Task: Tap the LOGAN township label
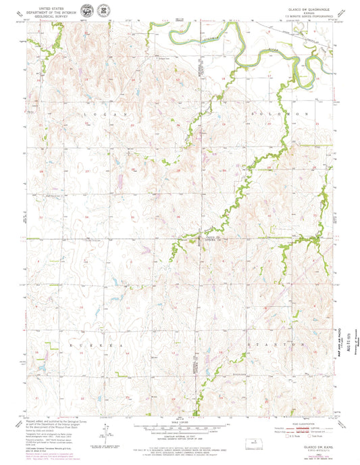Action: pos(105,116)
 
